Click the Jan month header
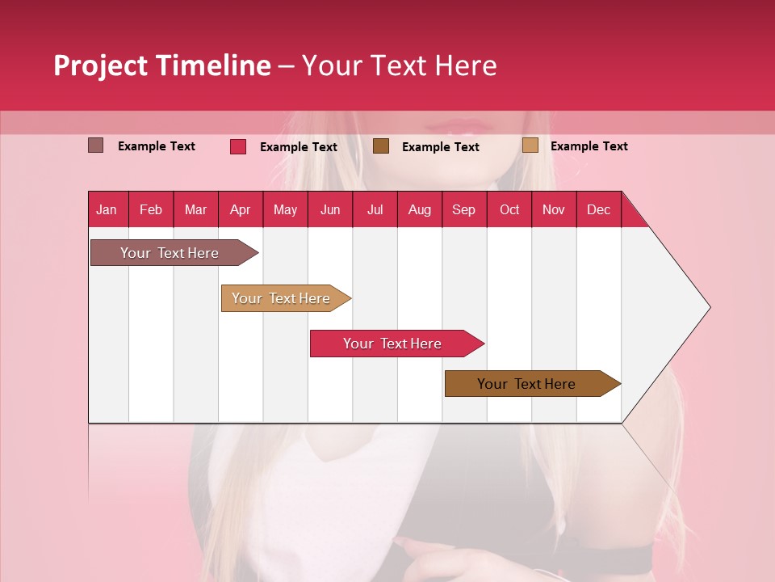(x=107, y=209)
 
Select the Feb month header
(x=151, y=209)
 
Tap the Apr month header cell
(x=240, y=209)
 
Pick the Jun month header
(x=330, y=209)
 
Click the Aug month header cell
(x=420, y=209)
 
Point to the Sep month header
(x=463, y=209)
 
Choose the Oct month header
(x=509, y=209)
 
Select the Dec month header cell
(x=598, y=209)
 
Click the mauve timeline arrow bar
(x=170, y=253)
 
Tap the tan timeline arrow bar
(x=281, y=298)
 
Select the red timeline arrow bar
(x=392, y=344)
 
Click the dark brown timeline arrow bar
(x=526, y=384)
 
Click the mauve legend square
(x=96, y=145)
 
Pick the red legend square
(x=238, y=146)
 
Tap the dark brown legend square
(x=381, y=146)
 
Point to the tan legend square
(x=530, y=145)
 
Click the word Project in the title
(x=100, y=65)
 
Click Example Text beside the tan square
(x=589, y=146)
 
